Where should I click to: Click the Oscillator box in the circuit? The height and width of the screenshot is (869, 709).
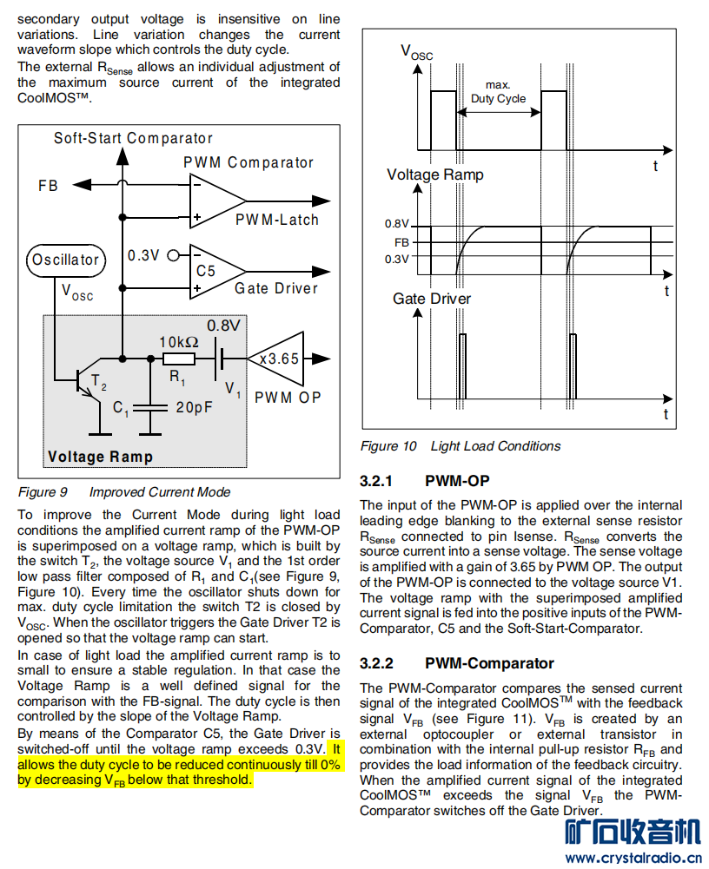click(x=66, y=260)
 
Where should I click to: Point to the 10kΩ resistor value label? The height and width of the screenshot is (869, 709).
click(x=179, y=341)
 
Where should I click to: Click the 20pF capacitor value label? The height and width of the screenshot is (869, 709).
click(x=194, y=407)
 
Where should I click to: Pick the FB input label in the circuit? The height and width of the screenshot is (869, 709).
click(x=48, y=185)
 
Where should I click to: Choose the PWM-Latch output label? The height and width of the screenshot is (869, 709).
click(x=277, y=220)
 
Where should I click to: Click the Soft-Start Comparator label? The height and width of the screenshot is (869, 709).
click(x=133, y=138)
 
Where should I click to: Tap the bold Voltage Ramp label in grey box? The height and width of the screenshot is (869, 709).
click(x=100, y=457)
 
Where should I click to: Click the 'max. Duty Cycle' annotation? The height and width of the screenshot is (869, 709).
click(x=498, y=92)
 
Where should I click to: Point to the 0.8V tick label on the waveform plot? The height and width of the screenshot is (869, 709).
click(x=397, y=225)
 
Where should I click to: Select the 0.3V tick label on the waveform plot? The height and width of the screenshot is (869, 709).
click(x=397, y=259)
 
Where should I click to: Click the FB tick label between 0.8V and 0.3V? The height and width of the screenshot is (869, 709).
click(x=401, y=242)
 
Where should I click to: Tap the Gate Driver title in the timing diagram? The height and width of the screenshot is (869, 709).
click(x=432, y=299)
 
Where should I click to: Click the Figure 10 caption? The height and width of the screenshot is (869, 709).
click(x=461, y=446)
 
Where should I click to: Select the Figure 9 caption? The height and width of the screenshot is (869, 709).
click(x=123, y=492)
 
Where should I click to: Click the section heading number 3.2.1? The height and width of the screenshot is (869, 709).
click(x=376, y=481)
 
